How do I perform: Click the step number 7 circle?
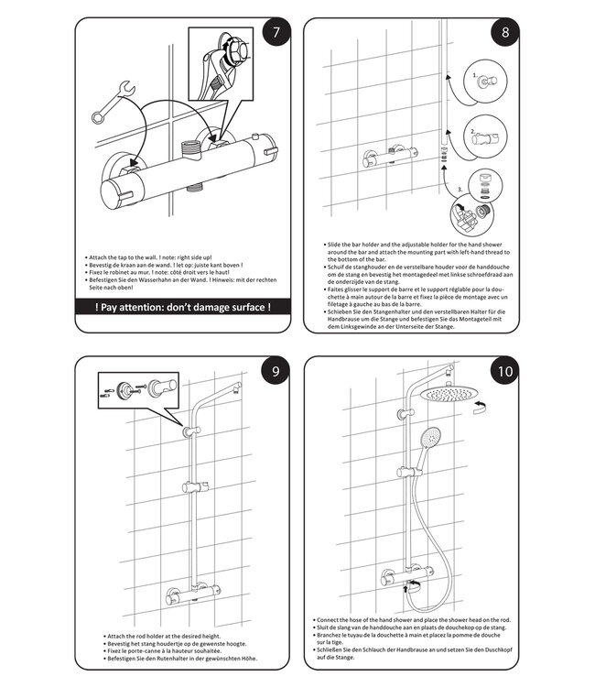click(272, 35)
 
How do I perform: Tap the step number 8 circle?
click(504, 34)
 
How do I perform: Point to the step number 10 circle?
click(504, 372)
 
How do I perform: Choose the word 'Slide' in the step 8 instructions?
click(337, 245)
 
